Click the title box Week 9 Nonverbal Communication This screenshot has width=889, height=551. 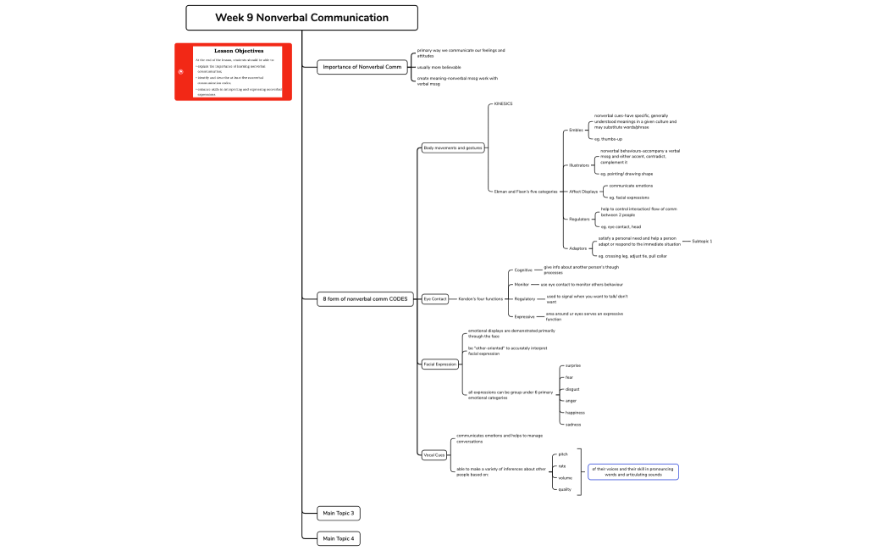[301, 18]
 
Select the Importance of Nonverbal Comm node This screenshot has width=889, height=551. [362, 67]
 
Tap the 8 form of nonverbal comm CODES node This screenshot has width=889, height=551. [365, 299]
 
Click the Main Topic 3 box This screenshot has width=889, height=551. [339, 513]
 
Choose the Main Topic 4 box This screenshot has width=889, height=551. [339, 538]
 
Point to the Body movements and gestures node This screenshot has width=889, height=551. [453, 147]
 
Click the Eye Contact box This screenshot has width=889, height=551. [435, 299]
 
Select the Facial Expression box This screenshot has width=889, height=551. [440, 364]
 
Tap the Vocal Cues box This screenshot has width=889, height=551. [434, 455]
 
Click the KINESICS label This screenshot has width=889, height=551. [503, 104]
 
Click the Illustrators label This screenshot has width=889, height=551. [578, 165]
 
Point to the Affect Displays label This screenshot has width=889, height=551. [583, 192]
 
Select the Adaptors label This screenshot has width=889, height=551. [578, 248]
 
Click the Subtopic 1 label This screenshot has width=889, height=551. [702, 242]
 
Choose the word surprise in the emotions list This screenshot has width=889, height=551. [573, 365]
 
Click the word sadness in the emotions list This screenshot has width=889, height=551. [573, 424]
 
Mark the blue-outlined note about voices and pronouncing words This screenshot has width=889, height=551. [633, 472]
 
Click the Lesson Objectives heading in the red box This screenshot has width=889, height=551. [238, 51]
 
